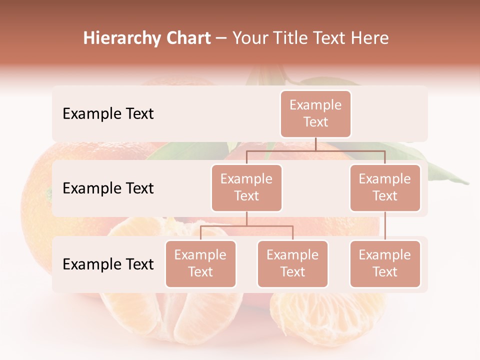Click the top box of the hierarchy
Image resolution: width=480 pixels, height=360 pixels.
pyautogui.click(x=315, y=113)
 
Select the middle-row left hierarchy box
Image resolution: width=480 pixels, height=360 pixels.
pyautogui.click(x=246, y=187)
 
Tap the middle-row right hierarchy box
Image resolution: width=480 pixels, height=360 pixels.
pyautogui.click(x=385, y=187)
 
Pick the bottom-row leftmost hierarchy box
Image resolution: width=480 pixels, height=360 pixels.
pyautogui.click(x=200, y=263)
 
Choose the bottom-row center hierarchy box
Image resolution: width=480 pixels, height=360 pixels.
pyautogui.click(x=292, y=263)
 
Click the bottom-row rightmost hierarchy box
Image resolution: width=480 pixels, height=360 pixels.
pyautogui.click(x=385, y=263)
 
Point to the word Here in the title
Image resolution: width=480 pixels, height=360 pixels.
pyautogui.click(x=370, y=38)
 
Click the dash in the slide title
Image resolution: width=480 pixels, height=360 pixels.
pyautogui.click(x=221, y=38)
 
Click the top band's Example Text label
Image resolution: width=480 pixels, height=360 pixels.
pyautogui.click(x=108, y=114)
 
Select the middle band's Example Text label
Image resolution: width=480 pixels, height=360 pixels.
pyautogui.click(x=108, y=188)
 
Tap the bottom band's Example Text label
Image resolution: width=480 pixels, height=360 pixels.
pyautogui.click(x=108, y=264)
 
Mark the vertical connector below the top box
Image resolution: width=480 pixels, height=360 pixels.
pyautogui.click(x=315, y=144)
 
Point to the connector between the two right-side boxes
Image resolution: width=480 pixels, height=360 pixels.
pyautogui.click(x=385, y=226)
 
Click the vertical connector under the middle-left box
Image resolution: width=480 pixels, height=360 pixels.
pyautogui.click(x=246, y=218)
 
